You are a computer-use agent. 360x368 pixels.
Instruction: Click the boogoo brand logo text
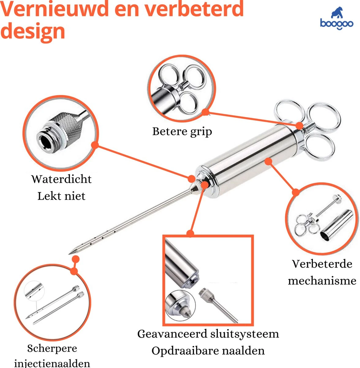336,24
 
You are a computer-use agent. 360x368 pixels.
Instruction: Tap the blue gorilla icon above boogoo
337,13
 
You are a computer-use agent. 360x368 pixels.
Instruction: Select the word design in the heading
33,31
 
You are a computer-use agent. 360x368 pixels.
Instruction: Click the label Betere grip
182,132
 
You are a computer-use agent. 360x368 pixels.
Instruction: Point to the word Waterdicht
62,179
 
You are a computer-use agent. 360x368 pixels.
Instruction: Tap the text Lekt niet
61,196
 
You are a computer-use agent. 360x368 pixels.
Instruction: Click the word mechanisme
322,281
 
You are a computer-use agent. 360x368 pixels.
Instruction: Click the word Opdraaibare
183,351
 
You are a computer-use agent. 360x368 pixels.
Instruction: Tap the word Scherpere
52,348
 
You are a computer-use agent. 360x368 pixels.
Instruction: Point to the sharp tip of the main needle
69,254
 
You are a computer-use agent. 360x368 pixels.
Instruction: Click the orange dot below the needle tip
76,259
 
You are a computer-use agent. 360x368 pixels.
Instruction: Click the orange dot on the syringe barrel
268,161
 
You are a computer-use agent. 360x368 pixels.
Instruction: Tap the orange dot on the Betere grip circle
206,112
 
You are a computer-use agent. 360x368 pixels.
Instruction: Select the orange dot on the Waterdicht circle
95,145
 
